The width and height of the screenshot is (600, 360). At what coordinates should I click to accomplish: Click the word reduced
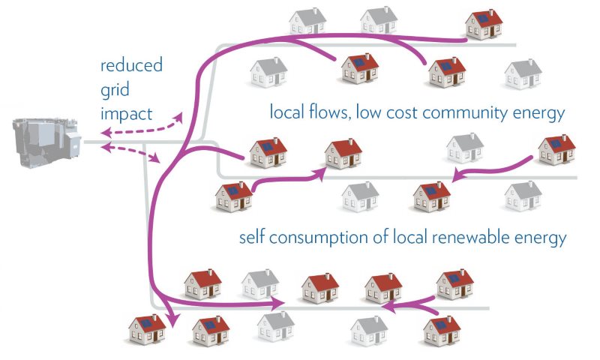tap(132, 65)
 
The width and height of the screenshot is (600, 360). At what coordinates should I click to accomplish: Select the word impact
tap(127, 115)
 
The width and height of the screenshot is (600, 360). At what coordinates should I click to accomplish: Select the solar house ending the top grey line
tap(484, 24)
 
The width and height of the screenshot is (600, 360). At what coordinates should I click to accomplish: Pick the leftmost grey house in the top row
tap(308, 20)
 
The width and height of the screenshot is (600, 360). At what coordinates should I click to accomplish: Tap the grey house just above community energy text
tap(523, 73)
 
